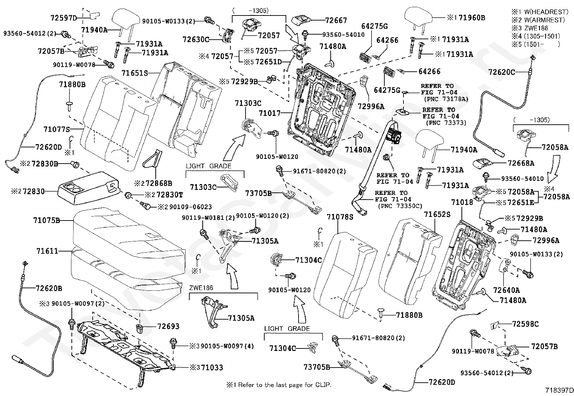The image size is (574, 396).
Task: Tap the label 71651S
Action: coord(135,73)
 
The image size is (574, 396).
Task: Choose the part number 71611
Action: coord(48,251)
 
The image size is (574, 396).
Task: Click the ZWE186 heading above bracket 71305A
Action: coord(201,288)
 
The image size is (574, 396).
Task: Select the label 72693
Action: coord(168,326)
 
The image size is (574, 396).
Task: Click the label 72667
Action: coord(336,21)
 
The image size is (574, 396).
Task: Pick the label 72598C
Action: coord(525,324)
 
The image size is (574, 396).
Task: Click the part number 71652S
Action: coord(437,214)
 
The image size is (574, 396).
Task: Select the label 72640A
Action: coord(507,290)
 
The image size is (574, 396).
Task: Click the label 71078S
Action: coord(340,217)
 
